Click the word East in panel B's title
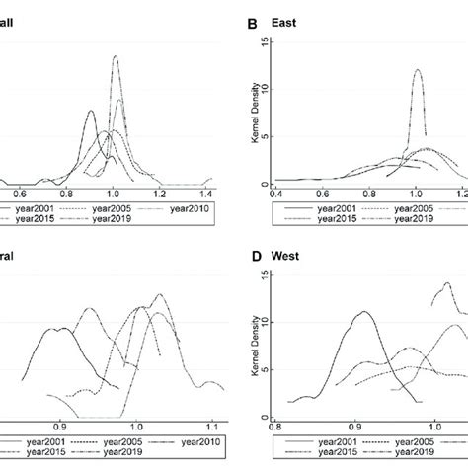(x=288, y=16)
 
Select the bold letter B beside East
(x=255, y=16)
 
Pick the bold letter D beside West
(x=255, y=259)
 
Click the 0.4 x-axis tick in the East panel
(x=273, y=195)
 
